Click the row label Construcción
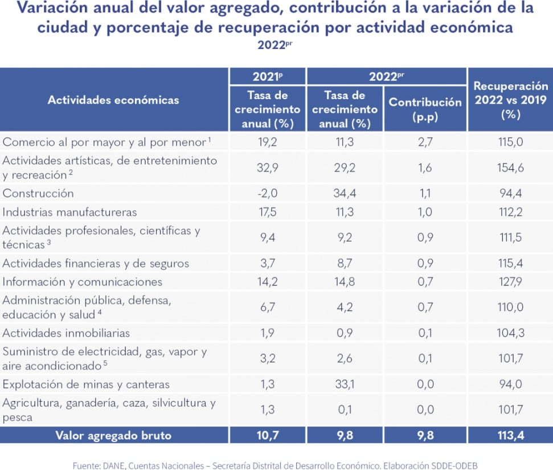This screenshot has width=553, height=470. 38,193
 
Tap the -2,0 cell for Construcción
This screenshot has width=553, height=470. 267,193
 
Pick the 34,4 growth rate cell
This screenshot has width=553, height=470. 345,193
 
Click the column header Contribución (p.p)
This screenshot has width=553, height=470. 425,109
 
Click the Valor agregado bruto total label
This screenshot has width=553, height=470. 113,435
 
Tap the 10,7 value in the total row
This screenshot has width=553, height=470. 267,435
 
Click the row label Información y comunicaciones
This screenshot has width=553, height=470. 83,282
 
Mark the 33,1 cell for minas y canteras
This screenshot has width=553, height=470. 345,385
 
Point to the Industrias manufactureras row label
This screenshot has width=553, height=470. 69,212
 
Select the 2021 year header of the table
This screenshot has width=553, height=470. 267,76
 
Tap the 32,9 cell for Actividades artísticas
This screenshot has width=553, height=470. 267,167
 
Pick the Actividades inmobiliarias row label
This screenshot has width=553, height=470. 66,333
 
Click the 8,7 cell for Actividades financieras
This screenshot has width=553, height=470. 345,263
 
